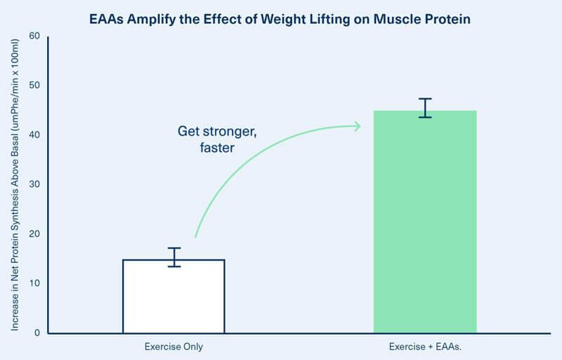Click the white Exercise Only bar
pyautogui.click(x=174, y=296)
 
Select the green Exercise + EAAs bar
pyautogui.click(x=425, y=221)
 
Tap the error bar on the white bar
pyautogui.click(x=174, y=257)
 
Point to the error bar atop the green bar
pyautogui.click(x=425, y=108)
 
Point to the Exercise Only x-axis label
pyautogui.click(x=174, y=347)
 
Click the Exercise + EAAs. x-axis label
pyautogui.click(x=426, y=347)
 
